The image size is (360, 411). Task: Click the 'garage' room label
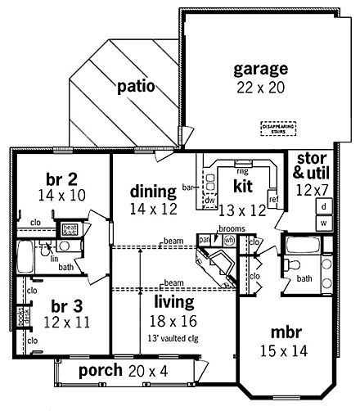point(260,69)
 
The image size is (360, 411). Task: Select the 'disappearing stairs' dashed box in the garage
point(278,129)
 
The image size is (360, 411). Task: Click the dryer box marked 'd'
point(324,207)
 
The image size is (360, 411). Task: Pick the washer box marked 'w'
point(324,222)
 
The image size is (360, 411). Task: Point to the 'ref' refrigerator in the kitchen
point(274,199)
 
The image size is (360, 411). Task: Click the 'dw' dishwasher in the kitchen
point(209,199)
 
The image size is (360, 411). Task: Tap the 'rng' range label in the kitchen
point(242,172)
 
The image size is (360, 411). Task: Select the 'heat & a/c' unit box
point(70,228)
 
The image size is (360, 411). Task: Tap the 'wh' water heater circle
point(230,239)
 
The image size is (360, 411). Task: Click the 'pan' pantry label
point(205,239)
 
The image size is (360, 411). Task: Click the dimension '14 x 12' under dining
point(153,210)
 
